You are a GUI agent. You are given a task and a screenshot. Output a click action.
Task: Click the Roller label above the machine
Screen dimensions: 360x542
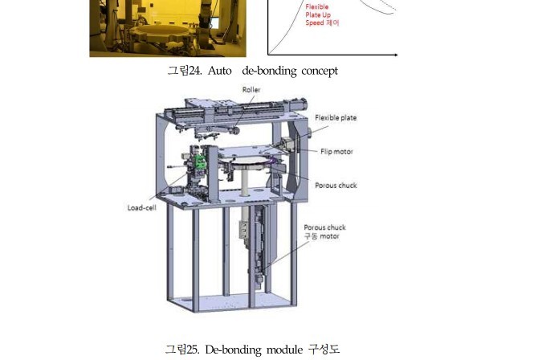coord(251,90)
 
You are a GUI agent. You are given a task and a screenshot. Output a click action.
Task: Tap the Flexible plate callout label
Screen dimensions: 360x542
coord(336,117)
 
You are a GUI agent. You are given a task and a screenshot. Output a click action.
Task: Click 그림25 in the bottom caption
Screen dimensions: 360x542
coord(181,349)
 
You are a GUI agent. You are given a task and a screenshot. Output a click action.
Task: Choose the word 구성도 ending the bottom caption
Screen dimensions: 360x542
coord(324,349)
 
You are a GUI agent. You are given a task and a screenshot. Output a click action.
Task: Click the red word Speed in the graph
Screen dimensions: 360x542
coord(314,22)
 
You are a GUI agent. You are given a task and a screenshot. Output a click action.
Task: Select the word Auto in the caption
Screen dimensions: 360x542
coord(220,71)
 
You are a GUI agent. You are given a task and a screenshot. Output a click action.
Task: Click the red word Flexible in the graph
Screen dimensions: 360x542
coord(317,6)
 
